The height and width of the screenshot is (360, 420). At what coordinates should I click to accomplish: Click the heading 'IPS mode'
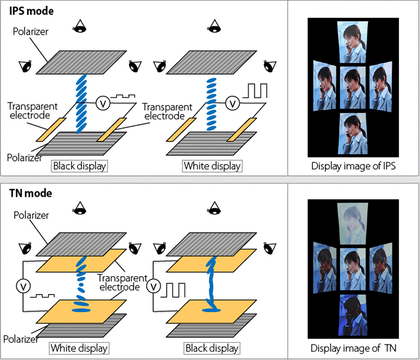click(x=31, y=11)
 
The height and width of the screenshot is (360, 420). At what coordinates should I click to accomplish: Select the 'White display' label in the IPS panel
click(x=212, y=166)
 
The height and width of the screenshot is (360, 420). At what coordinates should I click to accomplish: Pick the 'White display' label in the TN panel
click(x=78, y=348)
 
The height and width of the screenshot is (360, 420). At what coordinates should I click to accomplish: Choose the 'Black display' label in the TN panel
click(x=212, y=348)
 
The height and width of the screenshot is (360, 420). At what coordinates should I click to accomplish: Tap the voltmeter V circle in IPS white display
click(x=234, y=102)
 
